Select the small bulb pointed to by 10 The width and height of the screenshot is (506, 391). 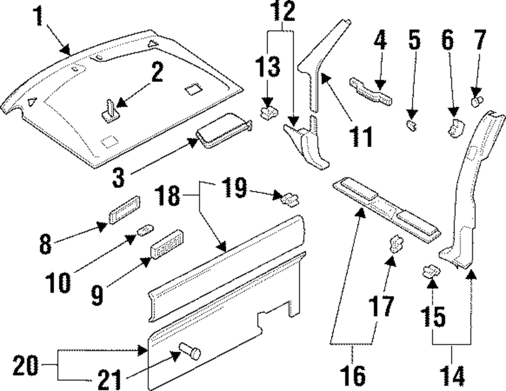143,231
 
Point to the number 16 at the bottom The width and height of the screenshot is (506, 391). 352,376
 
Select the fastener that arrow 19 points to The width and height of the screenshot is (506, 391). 288,198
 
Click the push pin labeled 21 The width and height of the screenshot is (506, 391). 190,352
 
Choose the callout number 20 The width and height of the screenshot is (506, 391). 26,365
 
